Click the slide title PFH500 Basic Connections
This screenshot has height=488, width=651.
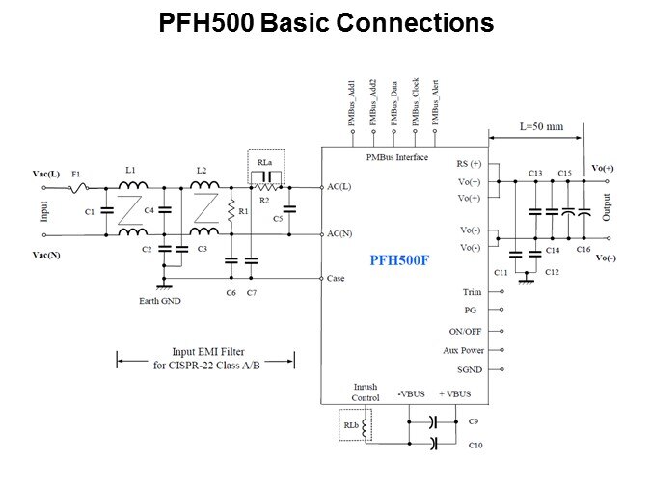[x=326, y=23]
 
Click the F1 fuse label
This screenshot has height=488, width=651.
[x=76, y=175]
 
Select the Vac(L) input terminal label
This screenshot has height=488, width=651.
[x=47, y=175]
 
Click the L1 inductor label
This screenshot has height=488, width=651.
[x=131, y=170]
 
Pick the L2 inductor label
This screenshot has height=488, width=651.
[x=201, y=170]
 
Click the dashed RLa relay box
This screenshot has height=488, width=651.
[x=267, y=166]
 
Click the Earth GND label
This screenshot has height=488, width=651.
[x=160, y=301]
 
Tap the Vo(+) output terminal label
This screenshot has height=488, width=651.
[x=603, y=168]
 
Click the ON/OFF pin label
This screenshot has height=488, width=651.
[x=465, y=331]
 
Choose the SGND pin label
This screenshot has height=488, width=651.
[x=469, y=370]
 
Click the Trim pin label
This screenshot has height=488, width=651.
[x=472, y=291]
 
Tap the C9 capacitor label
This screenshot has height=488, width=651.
[x=474, y=421]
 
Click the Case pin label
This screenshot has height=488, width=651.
[x=337, y=278]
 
